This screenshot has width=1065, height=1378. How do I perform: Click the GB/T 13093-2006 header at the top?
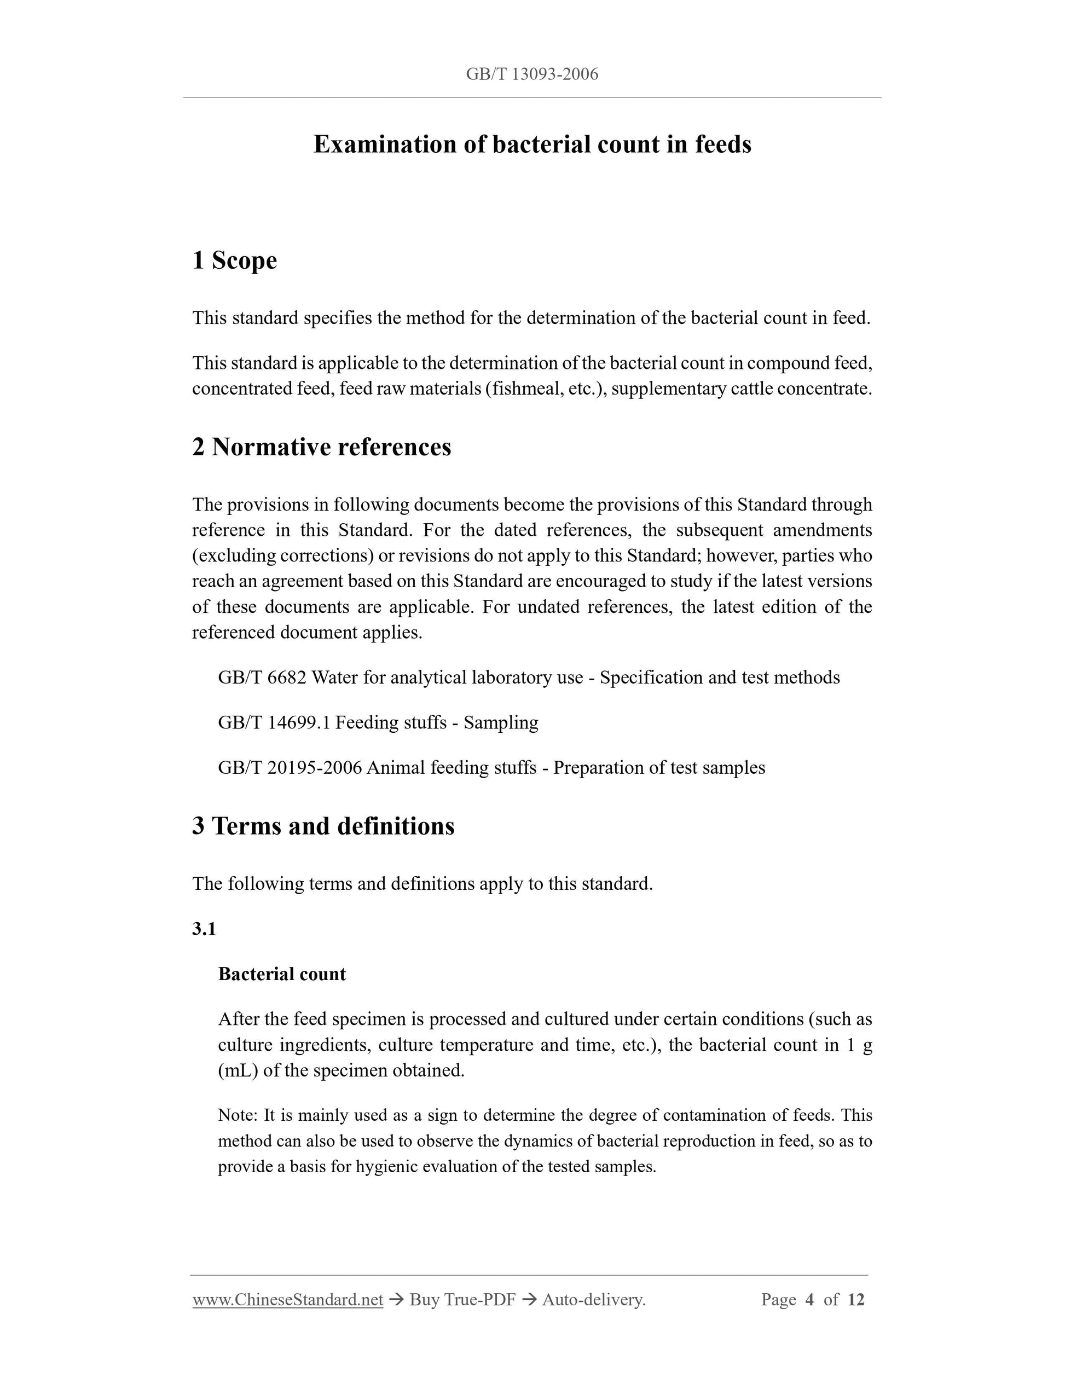click(532, 74)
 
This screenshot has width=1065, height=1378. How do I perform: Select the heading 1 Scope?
click(234, 260)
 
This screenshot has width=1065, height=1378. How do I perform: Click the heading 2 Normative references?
click(322, 447)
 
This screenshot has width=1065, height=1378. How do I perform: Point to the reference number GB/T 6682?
click(262, 678)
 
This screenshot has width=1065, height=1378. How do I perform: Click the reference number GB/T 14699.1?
click(274, 722)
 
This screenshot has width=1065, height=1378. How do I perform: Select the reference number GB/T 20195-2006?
click(290, 768)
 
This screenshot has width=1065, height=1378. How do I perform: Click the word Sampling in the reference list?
click(501, 722)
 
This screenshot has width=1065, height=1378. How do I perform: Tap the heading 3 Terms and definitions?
click(323, 826)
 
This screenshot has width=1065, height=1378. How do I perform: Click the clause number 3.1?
click(204, 929)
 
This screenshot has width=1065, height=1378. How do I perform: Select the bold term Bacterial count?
click(281, 974)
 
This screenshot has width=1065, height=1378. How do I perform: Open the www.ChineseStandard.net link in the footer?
click(288, 1300)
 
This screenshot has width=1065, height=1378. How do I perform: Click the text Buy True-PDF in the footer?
click(462, 1300)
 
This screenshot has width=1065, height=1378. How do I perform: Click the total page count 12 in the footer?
click(855, 1300)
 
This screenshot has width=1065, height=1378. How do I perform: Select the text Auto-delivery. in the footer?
click(593, 1300)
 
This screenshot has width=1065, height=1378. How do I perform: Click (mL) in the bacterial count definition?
click(238, 1072)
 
